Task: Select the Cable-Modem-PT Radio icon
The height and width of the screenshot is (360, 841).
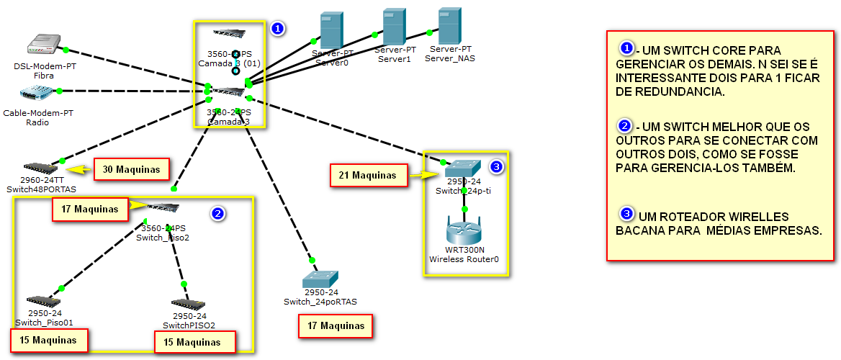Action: click(35, 92)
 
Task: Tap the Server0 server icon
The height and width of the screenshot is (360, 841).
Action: click(330, 30)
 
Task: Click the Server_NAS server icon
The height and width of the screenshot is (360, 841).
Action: click(449, 26)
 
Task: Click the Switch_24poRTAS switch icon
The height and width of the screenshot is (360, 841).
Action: click(320, 279)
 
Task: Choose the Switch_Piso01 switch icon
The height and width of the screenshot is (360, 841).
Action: click(44, 302)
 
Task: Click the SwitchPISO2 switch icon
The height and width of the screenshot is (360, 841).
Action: click(189, 305)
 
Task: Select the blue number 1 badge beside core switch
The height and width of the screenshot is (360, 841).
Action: click(278, 29)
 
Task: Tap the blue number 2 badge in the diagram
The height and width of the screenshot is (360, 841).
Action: click(218, 213)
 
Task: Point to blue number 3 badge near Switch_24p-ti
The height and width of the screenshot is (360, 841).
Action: click(496, 167)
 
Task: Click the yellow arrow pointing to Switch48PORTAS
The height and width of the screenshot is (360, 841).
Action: click(84, 170)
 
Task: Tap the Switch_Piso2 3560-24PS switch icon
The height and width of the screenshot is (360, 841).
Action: click(163, 208)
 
